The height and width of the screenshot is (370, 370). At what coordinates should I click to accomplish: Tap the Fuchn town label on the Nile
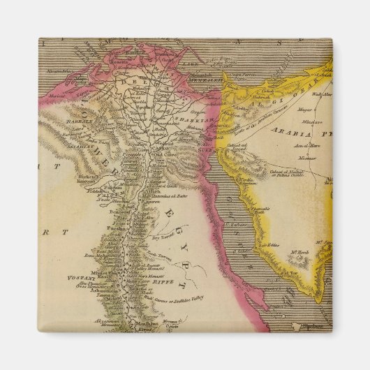click(116, 228)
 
